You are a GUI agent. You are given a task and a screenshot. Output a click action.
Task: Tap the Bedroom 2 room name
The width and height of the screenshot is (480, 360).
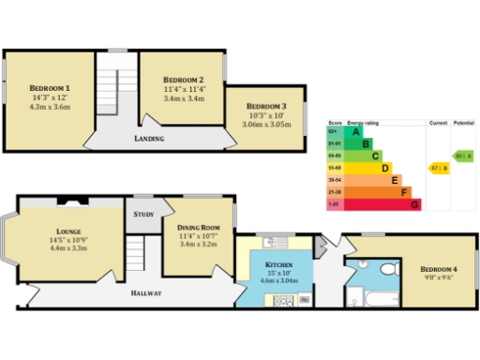point(183,80)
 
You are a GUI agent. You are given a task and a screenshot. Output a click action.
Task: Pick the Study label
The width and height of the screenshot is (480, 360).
point(143,214)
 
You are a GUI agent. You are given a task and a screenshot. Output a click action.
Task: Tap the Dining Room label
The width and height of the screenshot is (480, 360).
point(198,227)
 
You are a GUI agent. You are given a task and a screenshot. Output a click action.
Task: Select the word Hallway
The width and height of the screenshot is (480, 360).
point(145,293)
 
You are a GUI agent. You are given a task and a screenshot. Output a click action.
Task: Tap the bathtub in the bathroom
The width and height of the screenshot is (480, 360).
point(380,299)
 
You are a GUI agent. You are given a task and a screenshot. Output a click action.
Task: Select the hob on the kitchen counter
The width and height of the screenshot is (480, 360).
point(281,300)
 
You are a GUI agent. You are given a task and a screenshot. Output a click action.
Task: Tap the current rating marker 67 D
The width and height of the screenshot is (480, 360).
point(438,168)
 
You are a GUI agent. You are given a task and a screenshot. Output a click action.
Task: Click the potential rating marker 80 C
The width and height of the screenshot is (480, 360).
point(462,156)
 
